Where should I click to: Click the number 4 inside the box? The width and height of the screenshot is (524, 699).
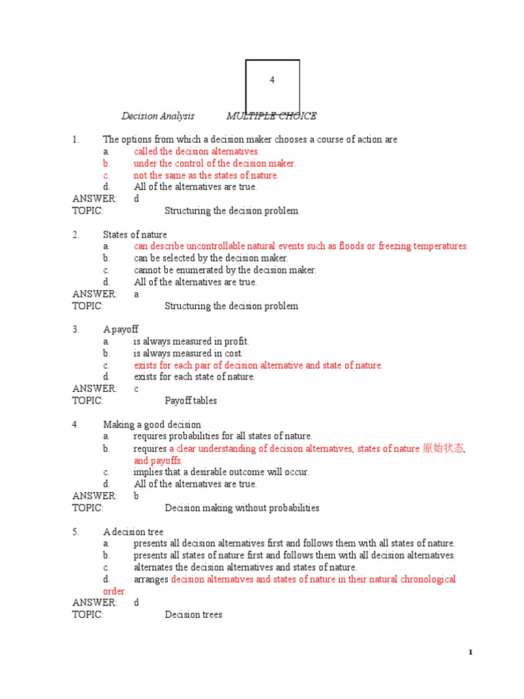[x=272, y=80]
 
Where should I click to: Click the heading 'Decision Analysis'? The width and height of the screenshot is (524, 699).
[x=158, y=116]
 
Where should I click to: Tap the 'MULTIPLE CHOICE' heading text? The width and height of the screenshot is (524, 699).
[x=271, y=116]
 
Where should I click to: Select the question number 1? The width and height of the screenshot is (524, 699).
[x=76, y=139]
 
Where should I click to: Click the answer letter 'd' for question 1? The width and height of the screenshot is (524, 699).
[x=136, y=199]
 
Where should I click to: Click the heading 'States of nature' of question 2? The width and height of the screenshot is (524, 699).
[x=135, y=235]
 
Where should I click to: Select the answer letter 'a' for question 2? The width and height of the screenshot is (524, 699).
[x=136, y=294]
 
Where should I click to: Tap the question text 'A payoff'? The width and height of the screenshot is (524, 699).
[x=121, y=330]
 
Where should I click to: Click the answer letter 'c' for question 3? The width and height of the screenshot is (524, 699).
[x=136, y=389]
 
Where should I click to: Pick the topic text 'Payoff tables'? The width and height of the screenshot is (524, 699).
[x=191, y=401]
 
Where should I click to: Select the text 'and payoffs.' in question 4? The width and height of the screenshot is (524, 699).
[x=158, y=461]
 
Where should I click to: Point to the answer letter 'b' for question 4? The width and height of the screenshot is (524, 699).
[x=136, y=496]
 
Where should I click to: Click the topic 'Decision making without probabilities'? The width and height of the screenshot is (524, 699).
[x=242, y=508]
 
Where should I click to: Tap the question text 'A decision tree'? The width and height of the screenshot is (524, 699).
[x=134, y=532]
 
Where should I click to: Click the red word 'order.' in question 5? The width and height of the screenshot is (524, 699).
[x=115, y=591]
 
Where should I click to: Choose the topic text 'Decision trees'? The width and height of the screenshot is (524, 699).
[x=194, y=615]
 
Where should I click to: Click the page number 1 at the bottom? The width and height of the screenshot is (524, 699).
[x=470, y=653]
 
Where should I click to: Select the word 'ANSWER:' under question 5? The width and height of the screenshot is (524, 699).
[x=94, y=603]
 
